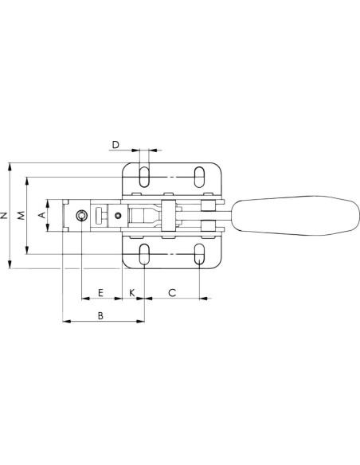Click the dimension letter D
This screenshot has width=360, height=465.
[x=115, y=145]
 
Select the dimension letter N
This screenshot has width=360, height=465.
[x=4, y=216]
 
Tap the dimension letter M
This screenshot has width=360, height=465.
[x=21, y=216]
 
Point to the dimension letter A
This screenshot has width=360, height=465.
[x=42, y=215]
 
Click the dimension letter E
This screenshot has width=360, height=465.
[x=100, y=293]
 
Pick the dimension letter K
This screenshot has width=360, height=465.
[x=132, y=293]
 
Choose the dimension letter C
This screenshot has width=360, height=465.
[x=172, y=293]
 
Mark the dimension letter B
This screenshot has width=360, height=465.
[x=100, y=315]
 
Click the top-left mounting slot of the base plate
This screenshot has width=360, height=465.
[x=144, y=177]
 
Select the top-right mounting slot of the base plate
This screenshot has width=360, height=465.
[x=199, y=177]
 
